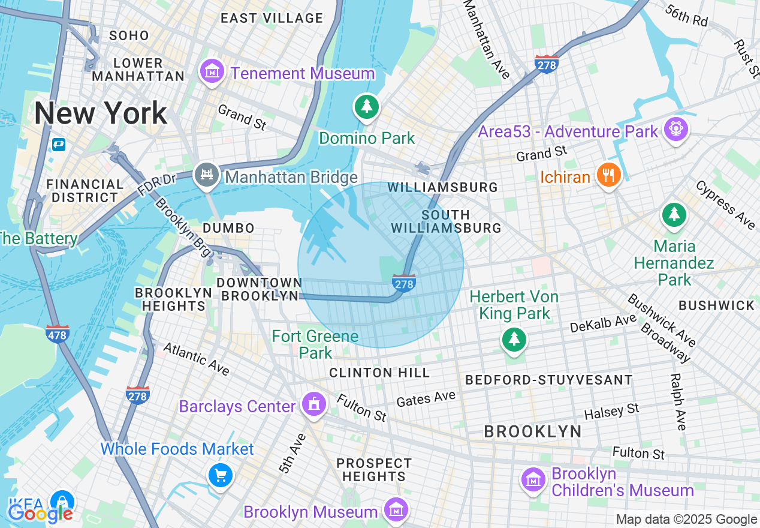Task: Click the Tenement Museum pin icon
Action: [212, 72]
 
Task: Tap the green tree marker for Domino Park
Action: [367, 107]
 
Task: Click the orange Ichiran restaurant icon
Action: [609, 175]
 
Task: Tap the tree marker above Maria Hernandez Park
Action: [674, 215]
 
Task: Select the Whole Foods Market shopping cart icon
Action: [221, 476]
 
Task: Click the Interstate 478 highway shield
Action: [57, 334]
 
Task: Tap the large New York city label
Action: [101, 113]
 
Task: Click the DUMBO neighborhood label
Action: [229, 228]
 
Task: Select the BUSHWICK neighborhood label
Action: [716, 305]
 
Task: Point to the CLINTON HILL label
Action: [379, 373]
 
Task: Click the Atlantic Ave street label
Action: [196, 359]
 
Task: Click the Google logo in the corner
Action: [40, 514]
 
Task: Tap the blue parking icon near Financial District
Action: [58, 145]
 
